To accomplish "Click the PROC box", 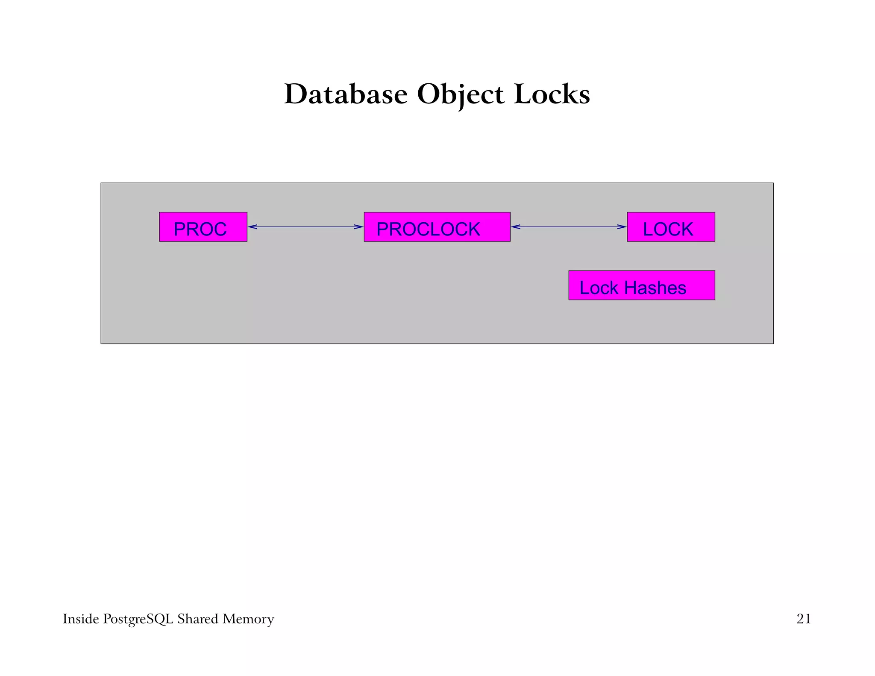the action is point(203,227).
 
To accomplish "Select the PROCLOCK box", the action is point(437,227).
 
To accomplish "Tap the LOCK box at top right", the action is point(670,227).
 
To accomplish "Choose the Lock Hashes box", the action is point(641,285).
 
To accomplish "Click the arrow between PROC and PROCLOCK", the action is point(305,227).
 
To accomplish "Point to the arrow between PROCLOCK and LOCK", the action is point(569,227).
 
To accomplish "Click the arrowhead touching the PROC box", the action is point(253,227).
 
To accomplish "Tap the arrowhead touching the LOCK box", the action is point(622,227).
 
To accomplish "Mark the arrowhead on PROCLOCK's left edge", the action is point(359,227).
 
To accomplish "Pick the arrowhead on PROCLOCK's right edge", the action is point(516,227).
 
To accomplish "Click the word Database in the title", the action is point(346,94).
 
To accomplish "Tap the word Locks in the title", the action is point(552,94).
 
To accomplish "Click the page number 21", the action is point(803,619).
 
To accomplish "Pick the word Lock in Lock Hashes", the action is point(599,288).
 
